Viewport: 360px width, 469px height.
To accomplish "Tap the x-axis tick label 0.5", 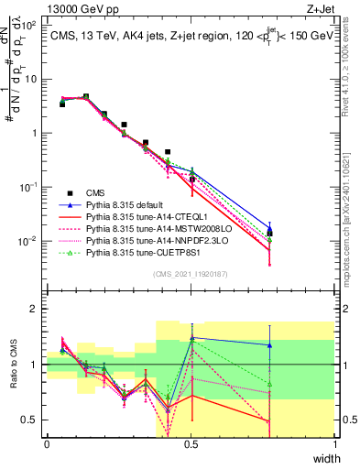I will pos(191,444).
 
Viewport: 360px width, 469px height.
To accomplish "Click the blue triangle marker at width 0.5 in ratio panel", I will pos(191,338).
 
